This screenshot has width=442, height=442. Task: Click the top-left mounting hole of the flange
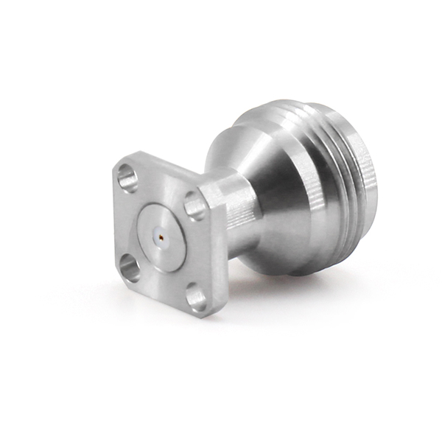pyautogui.click(x=127, y=178)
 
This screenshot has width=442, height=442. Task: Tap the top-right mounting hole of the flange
pyautogui.click(x=194, y=206)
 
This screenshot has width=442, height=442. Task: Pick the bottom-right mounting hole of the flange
pyautogui.click(x=196, y=298)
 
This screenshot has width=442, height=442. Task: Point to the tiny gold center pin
pyautogui.click(x=161, y=237)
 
